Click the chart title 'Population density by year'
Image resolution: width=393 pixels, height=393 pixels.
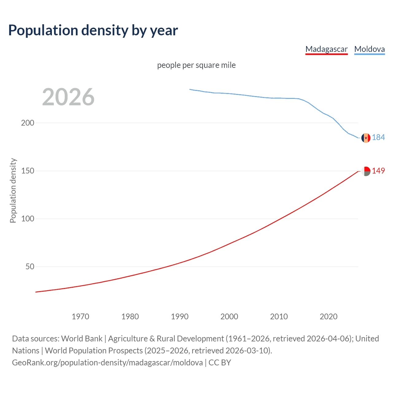[93, 30]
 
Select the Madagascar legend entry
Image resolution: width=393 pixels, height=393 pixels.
[326, 49]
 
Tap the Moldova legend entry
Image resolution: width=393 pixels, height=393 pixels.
[369, 49]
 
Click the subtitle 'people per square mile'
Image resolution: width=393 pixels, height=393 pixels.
[196, 65]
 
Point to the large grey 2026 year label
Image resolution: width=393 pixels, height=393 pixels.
[68, 97]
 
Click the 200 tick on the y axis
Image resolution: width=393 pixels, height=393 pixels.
[28, 123]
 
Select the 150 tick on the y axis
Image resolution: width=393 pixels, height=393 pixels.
[28, 171]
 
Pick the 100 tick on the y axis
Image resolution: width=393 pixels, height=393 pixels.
[28, 219]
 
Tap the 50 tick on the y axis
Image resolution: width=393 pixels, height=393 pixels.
[30, 267]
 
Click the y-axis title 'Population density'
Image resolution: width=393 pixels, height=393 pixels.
[13, 190]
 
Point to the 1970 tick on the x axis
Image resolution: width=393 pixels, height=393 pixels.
[80, 317]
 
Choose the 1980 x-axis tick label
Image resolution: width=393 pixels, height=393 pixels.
[130, 317]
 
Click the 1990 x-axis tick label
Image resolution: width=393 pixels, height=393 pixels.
[180, 317]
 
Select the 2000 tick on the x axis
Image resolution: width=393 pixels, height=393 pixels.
[229, 317]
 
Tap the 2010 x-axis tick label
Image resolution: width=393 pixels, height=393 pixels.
[279, 317]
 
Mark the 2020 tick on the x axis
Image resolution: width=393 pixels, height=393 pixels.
[329, 317]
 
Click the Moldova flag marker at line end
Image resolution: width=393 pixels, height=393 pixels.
[366, 138]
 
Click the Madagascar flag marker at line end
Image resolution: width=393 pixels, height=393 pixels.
[366, 171]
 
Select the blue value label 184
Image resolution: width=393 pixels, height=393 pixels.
[378, 137]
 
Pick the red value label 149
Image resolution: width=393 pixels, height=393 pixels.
[378, 171]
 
